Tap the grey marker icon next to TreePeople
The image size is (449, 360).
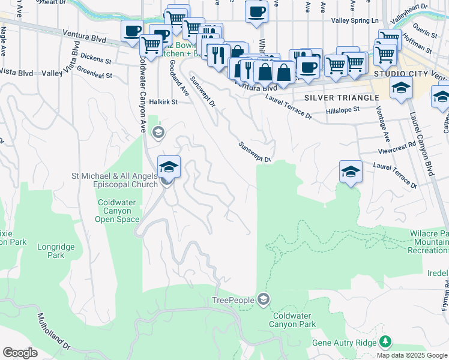[263, 299]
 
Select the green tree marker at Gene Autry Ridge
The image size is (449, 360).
[385, 342]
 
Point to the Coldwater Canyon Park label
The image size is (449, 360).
[294, 320]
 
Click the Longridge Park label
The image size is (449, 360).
[50, 251]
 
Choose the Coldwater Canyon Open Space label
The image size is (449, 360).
[116, 211]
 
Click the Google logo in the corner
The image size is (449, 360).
[20, 353]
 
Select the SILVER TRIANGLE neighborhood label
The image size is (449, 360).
[342, 98]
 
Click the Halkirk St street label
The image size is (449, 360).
[164, 102]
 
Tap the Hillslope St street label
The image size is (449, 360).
[342, 110]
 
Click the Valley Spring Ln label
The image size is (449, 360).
[355, 20]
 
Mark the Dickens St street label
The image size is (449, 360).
[96, 61]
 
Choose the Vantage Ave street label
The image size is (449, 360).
[383, 125]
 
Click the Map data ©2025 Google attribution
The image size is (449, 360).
[411, 355]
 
